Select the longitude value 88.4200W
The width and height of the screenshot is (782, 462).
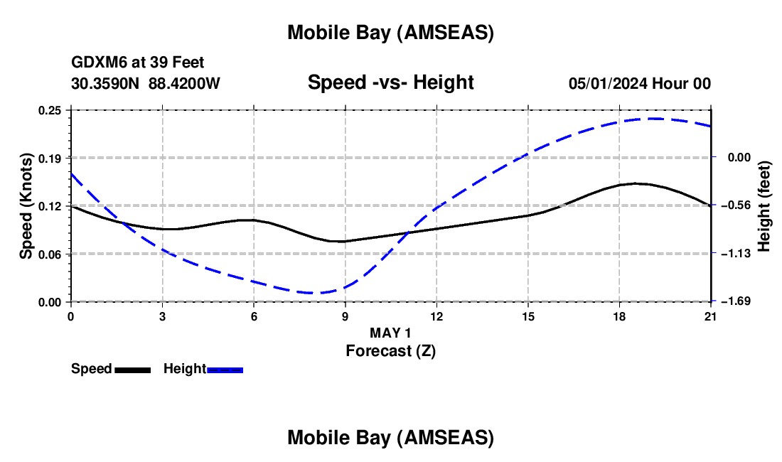(185, 83)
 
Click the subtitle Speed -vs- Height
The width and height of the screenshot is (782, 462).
(390, 82)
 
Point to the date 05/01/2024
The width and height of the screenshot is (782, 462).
(608, 83)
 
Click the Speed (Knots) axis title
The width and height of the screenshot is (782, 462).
(26, 205)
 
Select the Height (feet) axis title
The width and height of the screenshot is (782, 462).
(764, 205)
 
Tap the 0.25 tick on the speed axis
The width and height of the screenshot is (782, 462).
(50, 110)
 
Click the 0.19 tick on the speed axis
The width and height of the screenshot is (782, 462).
(50, 158)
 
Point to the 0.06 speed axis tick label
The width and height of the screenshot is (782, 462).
(50, 254)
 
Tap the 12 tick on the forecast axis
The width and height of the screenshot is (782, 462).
(436, 316)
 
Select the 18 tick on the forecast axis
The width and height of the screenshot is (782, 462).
(619, 316)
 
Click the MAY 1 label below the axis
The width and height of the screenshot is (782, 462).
(390, 333)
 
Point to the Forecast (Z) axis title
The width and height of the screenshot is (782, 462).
(390, 350)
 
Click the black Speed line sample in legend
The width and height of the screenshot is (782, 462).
(133, 370)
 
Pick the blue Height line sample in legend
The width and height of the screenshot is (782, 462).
(225, 370)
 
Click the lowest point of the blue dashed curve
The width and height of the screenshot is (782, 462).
(313, 293)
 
